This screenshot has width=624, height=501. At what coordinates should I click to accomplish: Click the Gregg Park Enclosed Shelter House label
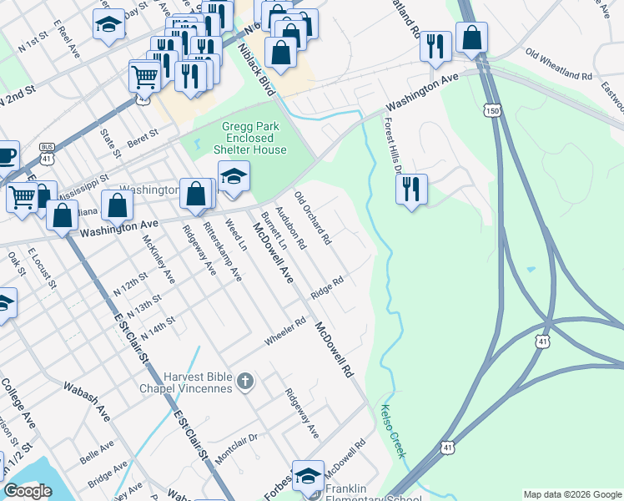coord(254,138)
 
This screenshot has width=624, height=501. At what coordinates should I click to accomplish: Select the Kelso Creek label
coord(393,430)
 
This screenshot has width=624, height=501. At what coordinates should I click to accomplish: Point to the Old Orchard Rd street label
coord(314,220)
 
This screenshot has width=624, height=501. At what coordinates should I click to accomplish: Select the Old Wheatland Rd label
coord(558,64)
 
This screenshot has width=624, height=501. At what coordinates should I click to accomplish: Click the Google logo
coord(28,491)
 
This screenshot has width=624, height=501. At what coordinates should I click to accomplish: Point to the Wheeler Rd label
coord(286,331)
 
